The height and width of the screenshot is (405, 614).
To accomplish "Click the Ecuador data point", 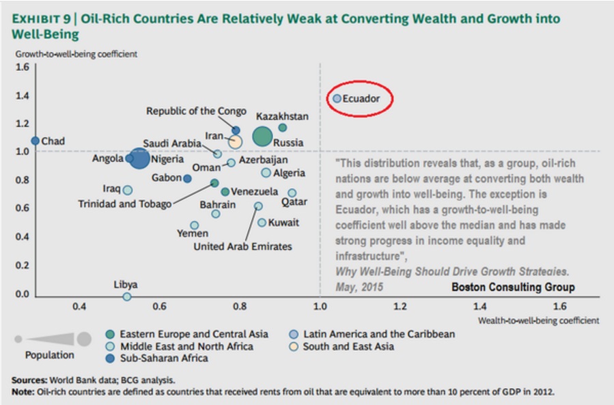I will point(337,99).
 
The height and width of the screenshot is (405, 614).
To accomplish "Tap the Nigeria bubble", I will point(139,158).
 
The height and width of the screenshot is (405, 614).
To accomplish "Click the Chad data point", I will point(36,141).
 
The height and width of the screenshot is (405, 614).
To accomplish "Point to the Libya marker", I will point(126,296).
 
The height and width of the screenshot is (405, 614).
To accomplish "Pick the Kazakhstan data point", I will point(283,128).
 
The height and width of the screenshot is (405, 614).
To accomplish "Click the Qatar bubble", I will point(292,193).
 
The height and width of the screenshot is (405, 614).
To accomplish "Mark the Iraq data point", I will point(128,190).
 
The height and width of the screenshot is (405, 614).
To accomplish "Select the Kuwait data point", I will point(262,223).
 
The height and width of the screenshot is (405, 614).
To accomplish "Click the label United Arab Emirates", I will point(242,247).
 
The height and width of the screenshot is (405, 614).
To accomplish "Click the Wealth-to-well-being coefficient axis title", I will point(538,320).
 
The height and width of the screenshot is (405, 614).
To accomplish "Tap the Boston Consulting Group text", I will point(513,288).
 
